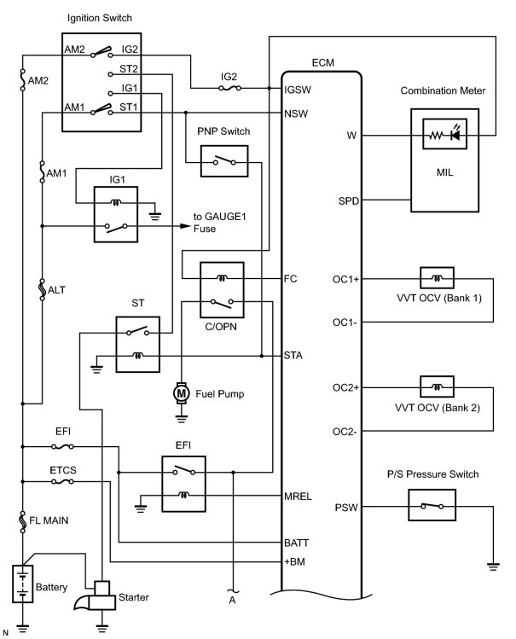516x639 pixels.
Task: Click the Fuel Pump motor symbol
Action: pyautogui.click(x=181, y=393)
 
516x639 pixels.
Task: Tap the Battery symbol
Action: pyautogui.click(x=22, y=584)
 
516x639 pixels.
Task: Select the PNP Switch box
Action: pyautogui.click(x=224, y=161)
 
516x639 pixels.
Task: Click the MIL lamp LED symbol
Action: pyautogui.click(x=455, y=135)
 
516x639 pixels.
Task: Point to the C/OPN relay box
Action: pyautogui.click(x=222, y=290)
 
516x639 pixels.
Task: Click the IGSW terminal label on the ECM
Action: pyautogui.click(x=298, y=90)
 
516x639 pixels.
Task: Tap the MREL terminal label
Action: pyautogui.click(x=298, y=497)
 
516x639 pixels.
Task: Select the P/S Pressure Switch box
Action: pyautogui.click(x=432, y=505)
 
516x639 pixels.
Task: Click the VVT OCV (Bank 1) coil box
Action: pyautogui.click(x=437, y=278)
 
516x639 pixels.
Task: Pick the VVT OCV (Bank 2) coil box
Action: pyautogui.click(x=437, y=386)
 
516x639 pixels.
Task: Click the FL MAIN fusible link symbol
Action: pyautogui.click(x=23, y=522)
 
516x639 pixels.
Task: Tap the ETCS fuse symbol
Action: pyautogui.click(x=63, y=481)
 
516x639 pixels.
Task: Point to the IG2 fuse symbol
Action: pyautogui.click(x=229, y=88)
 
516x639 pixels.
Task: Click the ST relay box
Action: pyautogui.click(x=137, y=345)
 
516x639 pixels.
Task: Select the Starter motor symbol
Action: pyautogui.click(x=98, y=595)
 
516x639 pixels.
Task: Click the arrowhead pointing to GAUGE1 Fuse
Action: pyautogui.click(x=185, y=226)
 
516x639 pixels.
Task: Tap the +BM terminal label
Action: pyautogui.click(x=294, y=561)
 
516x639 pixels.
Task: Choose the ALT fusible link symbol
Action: pyautogui.click(x=42, y=290)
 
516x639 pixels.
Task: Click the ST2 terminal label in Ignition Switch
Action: pyautogui.click(x=129, y=69)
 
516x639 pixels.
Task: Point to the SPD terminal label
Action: pyautogui.click(x=349, y=200)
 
